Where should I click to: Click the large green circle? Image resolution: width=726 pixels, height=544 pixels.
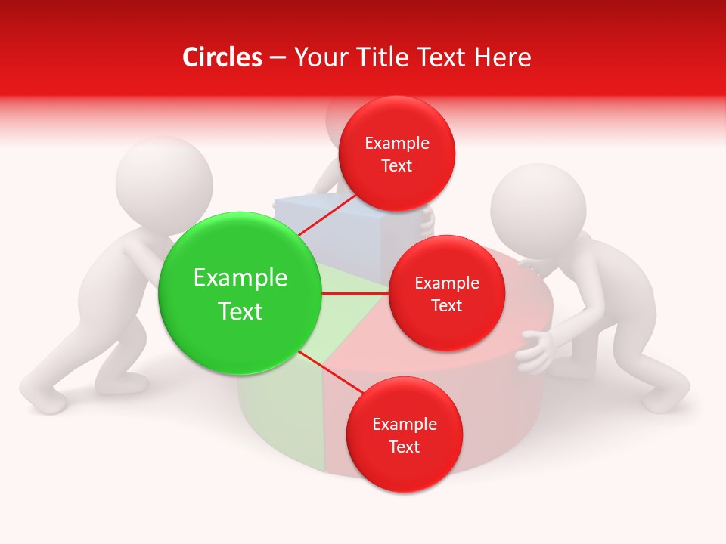pyautogui.click(x=240, y=293)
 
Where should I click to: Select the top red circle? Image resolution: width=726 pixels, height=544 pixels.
pyautogui.click(x=396, y=153)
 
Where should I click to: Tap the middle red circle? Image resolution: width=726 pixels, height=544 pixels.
pyautogui.click(x=446, y=293)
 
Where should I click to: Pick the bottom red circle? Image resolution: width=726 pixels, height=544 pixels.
pyautogui.click(x=404, y=434)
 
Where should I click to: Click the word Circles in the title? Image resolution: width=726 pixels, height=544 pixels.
pyautogui.click(x=222, y=57)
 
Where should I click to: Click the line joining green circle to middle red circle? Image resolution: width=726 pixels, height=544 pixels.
pyautogui.click(x=355, y=293)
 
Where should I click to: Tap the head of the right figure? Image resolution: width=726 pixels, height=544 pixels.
pyautogui.click(x=538, y=206)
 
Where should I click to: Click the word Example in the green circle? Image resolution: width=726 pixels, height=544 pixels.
pyautogui.click(x=240, y=277)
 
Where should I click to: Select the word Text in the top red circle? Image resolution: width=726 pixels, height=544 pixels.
pyautogui.click(x=396, y=165)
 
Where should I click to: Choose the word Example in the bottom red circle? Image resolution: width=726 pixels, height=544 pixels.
pyautogui.click(x=404, y=424)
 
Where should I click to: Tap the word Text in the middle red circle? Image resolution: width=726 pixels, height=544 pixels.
pyautogui.click(x=446, y=305)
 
